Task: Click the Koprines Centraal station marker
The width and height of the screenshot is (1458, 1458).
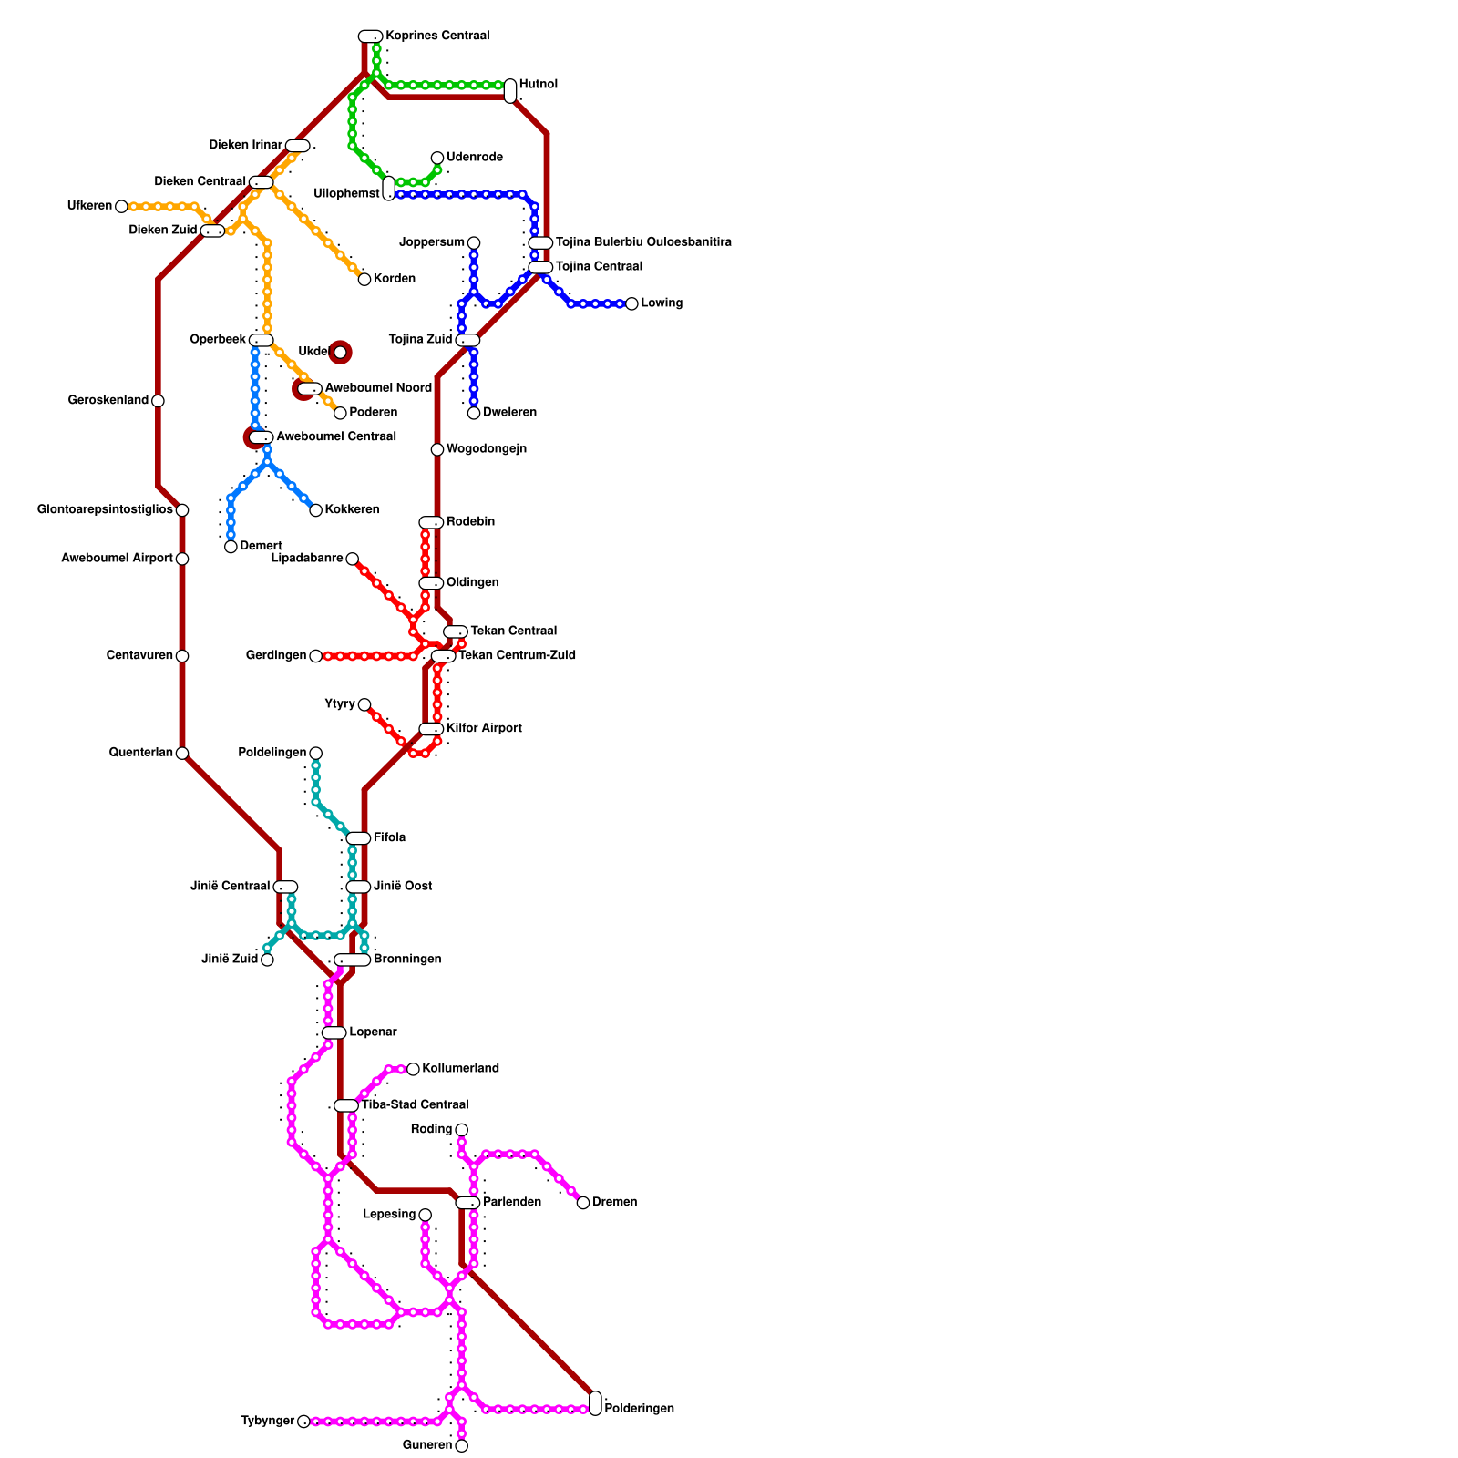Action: (370, 36)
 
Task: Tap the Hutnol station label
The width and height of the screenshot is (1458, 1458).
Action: (539, 85)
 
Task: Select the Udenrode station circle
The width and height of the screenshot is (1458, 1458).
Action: (437, 159)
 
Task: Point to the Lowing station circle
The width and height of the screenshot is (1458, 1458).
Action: (631, 303)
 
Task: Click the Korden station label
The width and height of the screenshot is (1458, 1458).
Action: (395, 279)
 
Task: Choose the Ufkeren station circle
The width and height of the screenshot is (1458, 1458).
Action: (121, 207)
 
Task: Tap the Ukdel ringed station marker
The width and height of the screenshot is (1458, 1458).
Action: (340, 353)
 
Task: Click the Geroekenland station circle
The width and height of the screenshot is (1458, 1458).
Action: (158, 401)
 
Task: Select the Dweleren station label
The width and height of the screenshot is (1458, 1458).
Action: (509, 413)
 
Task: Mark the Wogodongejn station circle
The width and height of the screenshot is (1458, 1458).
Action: (437, 449)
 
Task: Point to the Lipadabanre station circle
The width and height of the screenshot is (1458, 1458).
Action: (352, 559)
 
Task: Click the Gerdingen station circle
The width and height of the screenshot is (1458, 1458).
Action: (315, 656)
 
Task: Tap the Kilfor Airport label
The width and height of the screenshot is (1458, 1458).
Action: (484, 728)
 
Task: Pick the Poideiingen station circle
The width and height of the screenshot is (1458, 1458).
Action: (315, 753)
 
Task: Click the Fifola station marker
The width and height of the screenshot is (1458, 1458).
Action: (358, 838)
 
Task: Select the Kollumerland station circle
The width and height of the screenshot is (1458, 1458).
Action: (413, 1069)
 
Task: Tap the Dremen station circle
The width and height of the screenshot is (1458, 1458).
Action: (583, 1203)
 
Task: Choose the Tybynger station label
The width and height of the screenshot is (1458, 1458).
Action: (268, 1422)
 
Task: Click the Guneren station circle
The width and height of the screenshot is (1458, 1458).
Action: (461, 1446)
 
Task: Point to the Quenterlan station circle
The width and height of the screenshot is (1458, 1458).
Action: (182, 753)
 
